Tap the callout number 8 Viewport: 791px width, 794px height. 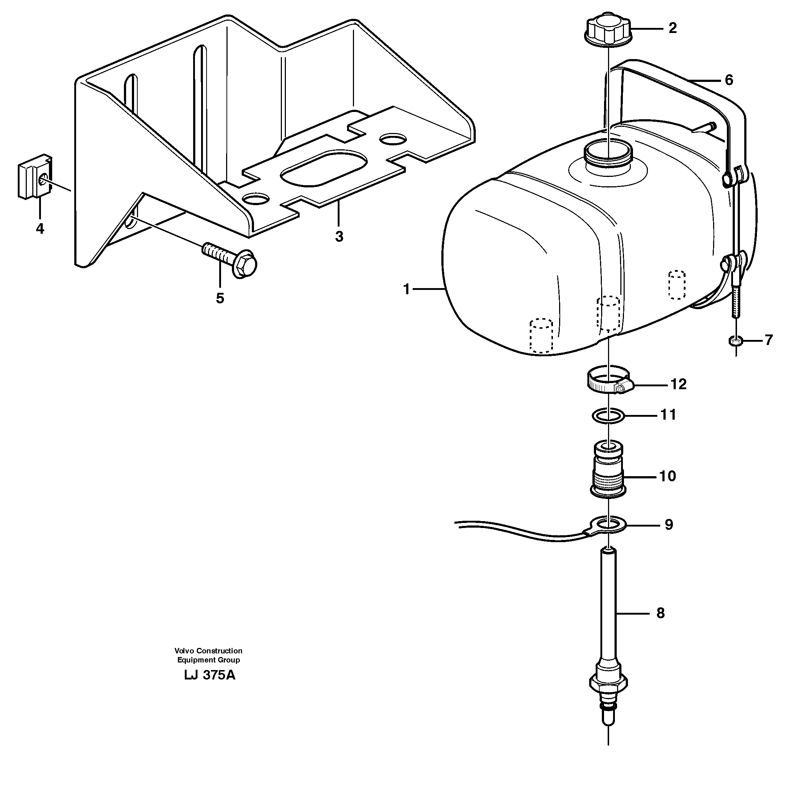[x=660, y=613]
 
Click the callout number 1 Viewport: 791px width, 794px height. [x=407, y=290]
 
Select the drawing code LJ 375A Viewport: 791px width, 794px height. [x=209, y=675]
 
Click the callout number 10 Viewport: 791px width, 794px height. [x=667, y=476]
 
